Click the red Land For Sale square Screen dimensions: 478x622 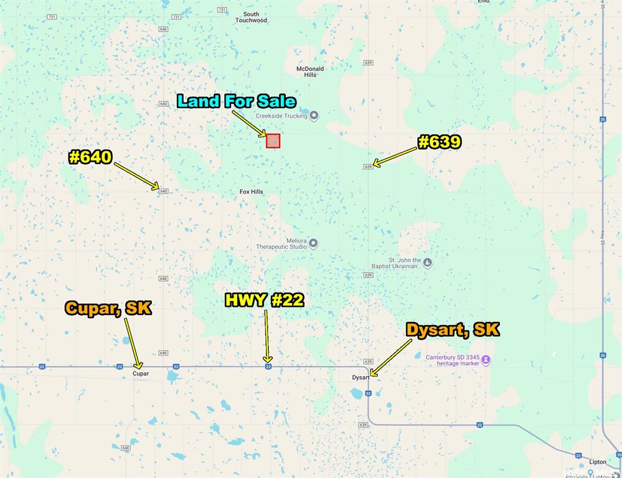pos(273,141)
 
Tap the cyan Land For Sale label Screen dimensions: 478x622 pos(237,101)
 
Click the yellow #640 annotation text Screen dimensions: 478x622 pos(90,157)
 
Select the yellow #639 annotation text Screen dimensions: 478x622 pos(440,142)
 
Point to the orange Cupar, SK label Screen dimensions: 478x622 pos(108,308)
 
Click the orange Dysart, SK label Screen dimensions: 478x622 pos(453,329)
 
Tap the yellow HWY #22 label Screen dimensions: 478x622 pos(264,300)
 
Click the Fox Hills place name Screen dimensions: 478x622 pos(252,192)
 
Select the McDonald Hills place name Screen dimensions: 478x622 pos(310,72)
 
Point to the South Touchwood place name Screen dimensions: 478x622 pos(251,17)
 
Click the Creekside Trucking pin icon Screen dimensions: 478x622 pos(314,116)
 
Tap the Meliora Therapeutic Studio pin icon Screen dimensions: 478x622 pos(313,243)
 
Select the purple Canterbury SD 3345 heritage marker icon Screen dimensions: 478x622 pos(486,360)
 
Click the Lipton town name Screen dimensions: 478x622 pos(597,462)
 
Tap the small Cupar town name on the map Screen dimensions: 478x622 pos(141,373)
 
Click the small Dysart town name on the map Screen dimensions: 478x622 pos(360,377)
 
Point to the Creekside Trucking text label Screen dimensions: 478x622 pos(282,116)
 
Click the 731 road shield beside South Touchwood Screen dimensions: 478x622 pos(222,10)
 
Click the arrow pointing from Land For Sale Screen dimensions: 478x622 pos(249,123)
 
